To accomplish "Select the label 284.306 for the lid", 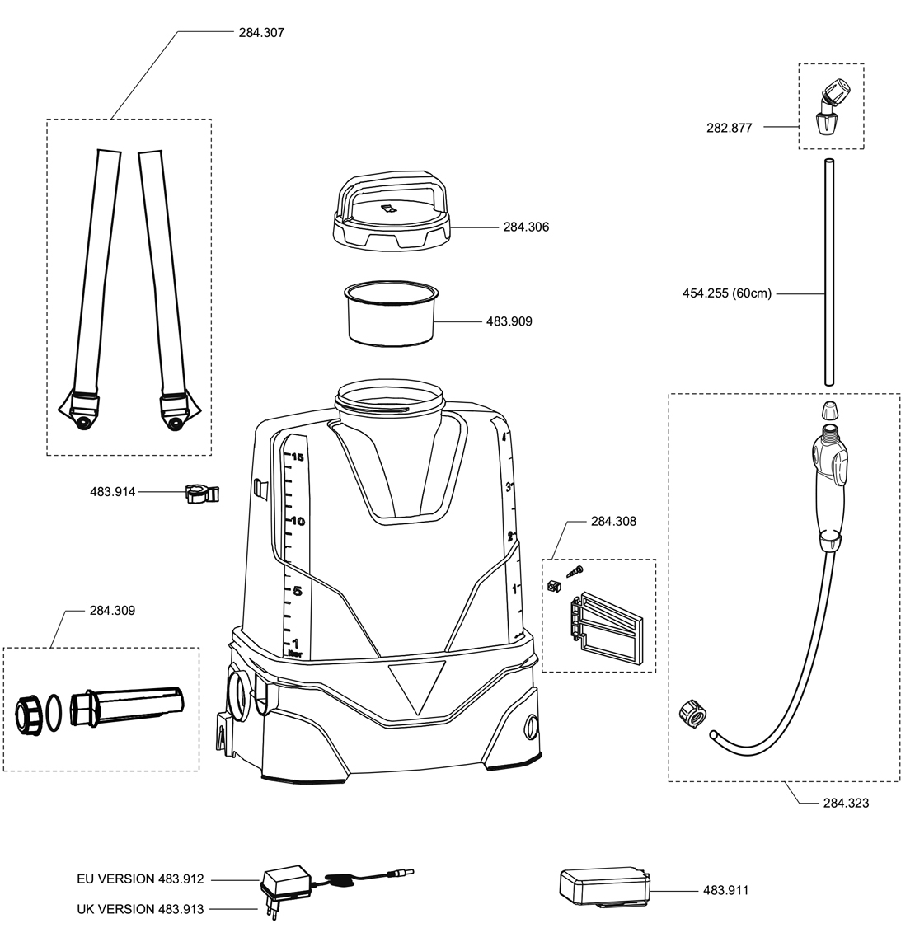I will (526, 227).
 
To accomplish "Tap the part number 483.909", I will (509, 321).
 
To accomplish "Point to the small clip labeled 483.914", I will (201, 494).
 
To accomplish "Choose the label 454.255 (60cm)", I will (727, 293).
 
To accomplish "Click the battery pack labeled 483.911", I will (603, 888).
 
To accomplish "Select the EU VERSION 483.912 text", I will (138, 879).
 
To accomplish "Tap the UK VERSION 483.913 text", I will (138, 909).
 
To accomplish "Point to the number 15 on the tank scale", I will (298, 457).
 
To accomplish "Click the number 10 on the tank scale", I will (298, 521).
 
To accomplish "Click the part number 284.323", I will (846, 802).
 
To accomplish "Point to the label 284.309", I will (112, 611).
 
